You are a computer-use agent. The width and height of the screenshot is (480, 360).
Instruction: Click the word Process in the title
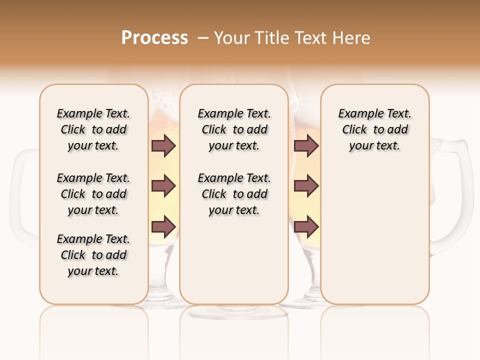click(154, 38)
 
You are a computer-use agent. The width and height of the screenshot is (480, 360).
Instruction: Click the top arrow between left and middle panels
click(163, 146)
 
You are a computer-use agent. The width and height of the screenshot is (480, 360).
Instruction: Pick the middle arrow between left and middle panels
click(163, 186)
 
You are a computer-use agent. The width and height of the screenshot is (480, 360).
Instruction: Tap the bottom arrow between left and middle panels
click(163, 227)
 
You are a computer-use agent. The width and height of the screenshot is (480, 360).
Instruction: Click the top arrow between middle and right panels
click(306, 146)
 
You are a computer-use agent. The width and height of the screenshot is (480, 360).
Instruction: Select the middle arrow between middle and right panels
click(306, 186)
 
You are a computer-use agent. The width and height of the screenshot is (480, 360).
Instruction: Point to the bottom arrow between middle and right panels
click(306, 227)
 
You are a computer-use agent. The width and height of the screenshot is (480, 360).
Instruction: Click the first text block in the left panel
click(93, 129)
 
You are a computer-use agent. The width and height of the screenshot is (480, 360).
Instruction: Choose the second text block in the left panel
click(93, 194)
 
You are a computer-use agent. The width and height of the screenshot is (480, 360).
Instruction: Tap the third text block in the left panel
click(93, 255)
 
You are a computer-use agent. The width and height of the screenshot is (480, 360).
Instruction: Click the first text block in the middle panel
click(234, 129)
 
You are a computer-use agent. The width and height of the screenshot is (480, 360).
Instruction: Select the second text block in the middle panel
click(234, 194)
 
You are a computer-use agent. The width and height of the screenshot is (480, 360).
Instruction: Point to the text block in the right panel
click(374, 129)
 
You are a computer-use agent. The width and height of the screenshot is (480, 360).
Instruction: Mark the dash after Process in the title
click(203, 38)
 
